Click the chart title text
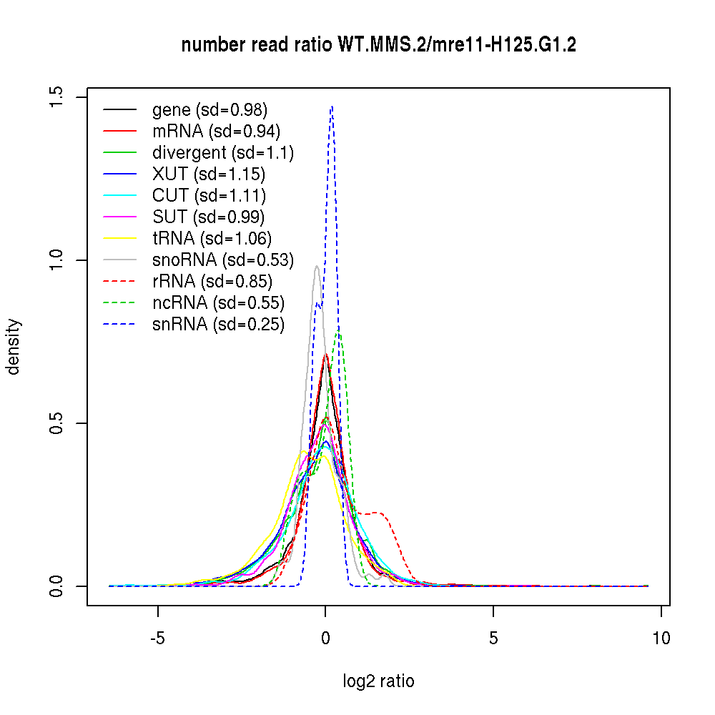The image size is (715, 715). pos(379,46)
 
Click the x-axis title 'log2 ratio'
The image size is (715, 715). pos(379,681)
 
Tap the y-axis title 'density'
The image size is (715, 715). pos(14,347)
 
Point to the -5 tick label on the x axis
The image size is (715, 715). pos(158,638)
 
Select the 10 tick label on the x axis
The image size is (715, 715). pos(661,638)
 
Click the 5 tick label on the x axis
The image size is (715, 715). pos(493,638)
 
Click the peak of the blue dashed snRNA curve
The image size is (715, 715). pos(332,107)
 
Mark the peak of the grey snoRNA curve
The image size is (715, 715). pos(316,267)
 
